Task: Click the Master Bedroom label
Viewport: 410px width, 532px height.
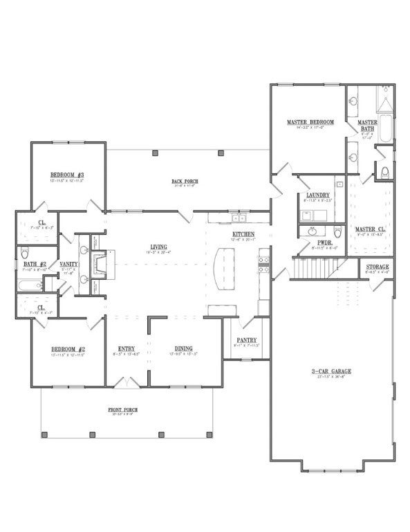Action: pos(310,123)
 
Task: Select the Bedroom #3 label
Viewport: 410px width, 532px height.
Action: pos(67,175)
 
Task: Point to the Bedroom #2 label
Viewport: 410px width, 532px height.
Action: pos(67,348)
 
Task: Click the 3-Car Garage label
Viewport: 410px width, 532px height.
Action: pos(331,372)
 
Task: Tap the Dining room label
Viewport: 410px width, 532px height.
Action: pos(183,348)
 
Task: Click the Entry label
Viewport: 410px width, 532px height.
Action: pos(127,348)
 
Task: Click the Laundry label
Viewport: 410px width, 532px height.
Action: pos(317,196)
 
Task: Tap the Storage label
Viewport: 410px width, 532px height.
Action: pos(378,267)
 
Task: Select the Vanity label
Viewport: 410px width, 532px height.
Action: pos(68,264)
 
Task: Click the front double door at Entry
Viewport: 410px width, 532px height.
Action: pos(127,382)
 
